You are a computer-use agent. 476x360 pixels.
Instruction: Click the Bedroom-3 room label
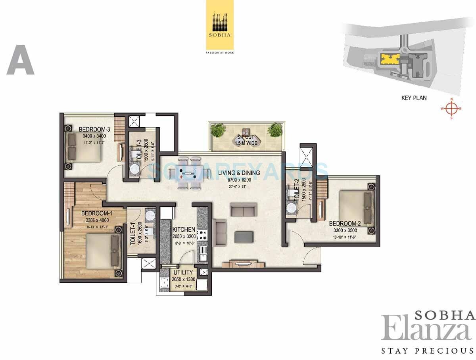click(94, 129)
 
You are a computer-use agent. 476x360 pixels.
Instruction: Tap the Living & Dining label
click(239, 172)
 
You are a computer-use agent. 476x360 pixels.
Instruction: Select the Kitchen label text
click(184, 230)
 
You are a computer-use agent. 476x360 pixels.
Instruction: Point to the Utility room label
click(183, 272)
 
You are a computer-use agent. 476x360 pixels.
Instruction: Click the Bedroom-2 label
click(345, 223)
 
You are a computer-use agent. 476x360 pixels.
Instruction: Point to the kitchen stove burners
click(202, 235)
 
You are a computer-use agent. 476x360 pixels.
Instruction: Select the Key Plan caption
click(414, 98)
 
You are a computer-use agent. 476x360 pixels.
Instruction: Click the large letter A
click(21, 60)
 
